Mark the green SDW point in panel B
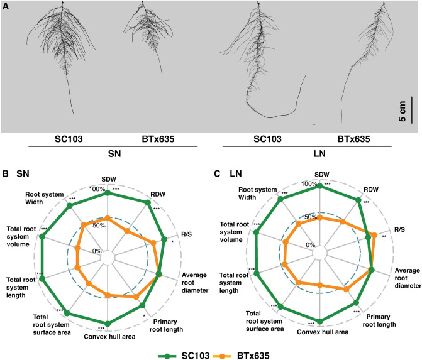coord(108,194)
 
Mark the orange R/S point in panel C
coord(375,236)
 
